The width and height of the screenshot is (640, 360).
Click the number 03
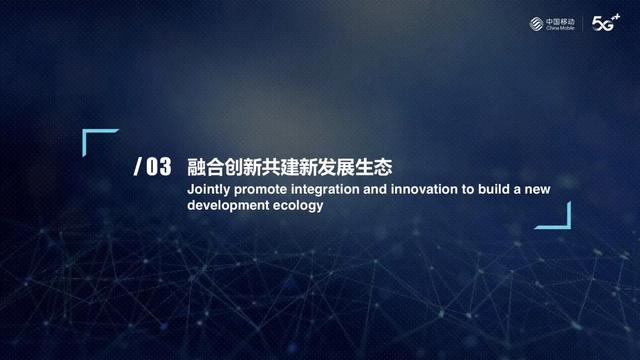tap(159, 167)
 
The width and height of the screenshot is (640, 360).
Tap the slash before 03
tap(137, 167)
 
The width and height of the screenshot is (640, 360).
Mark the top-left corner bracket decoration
tap(95, 139)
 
